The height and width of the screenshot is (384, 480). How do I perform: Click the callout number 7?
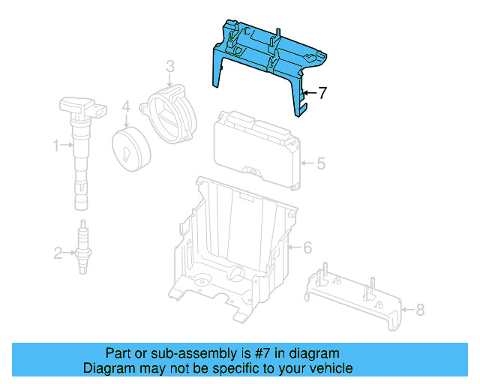322,94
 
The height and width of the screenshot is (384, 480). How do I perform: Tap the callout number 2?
58,253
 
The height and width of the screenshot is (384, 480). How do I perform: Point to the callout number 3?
170,68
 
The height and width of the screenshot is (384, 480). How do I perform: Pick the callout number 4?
127,107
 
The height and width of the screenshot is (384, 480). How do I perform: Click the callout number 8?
420,308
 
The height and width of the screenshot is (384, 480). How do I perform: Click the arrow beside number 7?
310,94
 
